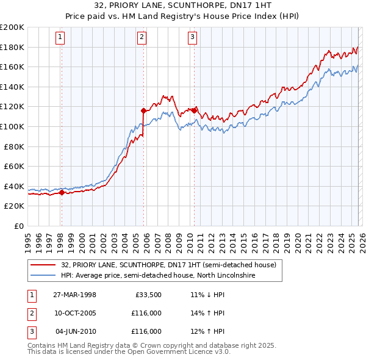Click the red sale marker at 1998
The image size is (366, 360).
(62, 193)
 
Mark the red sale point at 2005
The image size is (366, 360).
(143, 111)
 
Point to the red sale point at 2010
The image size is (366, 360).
(194, 111)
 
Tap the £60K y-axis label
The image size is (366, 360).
(14, 166)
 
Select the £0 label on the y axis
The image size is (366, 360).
(18, 226)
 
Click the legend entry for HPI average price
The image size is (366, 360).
(157, 276)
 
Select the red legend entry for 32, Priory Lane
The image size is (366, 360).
(168, 265)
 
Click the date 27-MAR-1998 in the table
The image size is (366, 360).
(75, 295)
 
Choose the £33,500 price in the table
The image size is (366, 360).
(148, 295)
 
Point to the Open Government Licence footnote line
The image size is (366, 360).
(129, 353)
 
